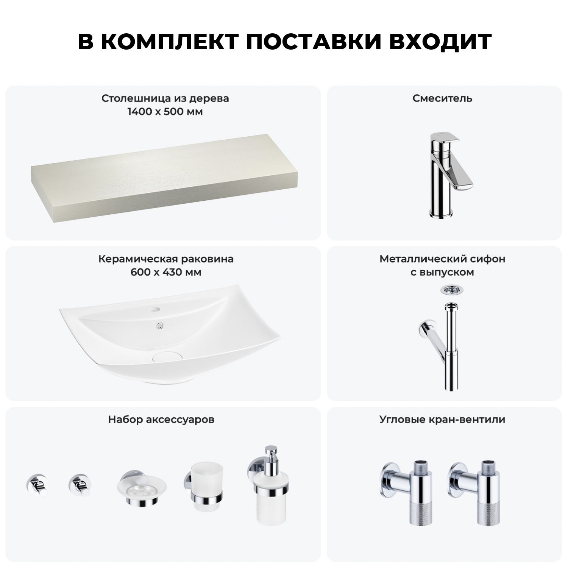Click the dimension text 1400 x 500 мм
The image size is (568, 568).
[x=165, y=112]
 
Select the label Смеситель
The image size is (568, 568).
[x=442, y=98]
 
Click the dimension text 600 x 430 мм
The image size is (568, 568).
[x=166, y=272]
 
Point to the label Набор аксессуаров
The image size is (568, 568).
[x=161, y=420]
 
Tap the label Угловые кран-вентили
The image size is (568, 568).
[x=442, y=420]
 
